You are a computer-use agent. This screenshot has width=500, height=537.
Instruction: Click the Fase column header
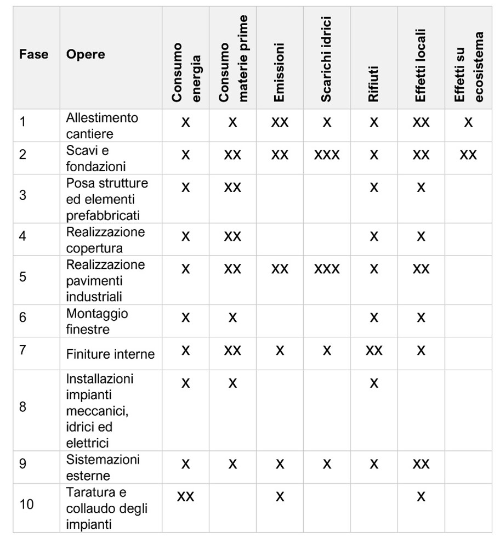click(33, 54)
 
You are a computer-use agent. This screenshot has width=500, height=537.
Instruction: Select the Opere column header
click(86, 54)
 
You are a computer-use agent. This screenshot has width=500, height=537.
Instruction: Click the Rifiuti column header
click(373, 82)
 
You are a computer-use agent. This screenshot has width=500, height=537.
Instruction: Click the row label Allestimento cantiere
click(102, 125)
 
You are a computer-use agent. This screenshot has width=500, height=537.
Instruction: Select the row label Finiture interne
click(110, 354)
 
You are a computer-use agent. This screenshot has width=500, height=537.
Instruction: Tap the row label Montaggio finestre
click(98, 321)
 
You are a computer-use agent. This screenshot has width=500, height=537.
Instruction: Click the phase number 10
click(26, 504)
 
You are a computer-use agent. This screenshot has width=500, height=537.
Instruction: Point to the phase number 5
click(22, 276)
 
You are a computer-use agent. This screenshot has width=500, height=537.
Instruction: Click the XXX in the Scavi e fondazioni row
click(327, 155)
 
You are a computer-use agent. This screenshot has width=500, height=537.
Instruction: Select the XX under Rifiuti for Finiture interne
click(374, 350)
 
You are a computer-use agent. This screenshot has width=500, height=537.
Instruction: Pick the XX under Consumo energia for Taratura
click(185, 496)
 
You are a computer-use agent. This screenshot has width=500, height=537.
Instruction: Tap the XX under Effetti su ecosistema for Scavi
click(468, 155)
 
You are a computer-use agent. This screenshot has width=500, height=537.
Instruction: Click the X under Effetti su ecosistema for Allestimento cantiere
click(468, 122)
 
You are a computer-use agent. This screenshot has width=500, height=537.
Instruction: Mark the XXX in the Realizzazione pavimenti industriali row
click(327, 269)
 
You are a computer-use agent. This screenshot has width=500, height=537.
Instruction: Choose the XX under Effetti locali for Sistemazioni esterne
click(421, 464)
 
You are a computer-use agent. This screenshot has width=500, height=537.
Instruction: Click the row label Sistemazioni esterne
click(103, 467)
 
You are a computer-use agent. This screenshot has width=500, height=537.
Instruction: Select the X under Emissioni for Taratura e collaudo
click(280, 496)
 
